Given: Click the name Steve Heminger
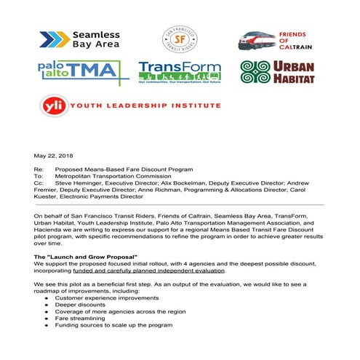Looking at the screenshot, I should [x=81, y=183].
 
